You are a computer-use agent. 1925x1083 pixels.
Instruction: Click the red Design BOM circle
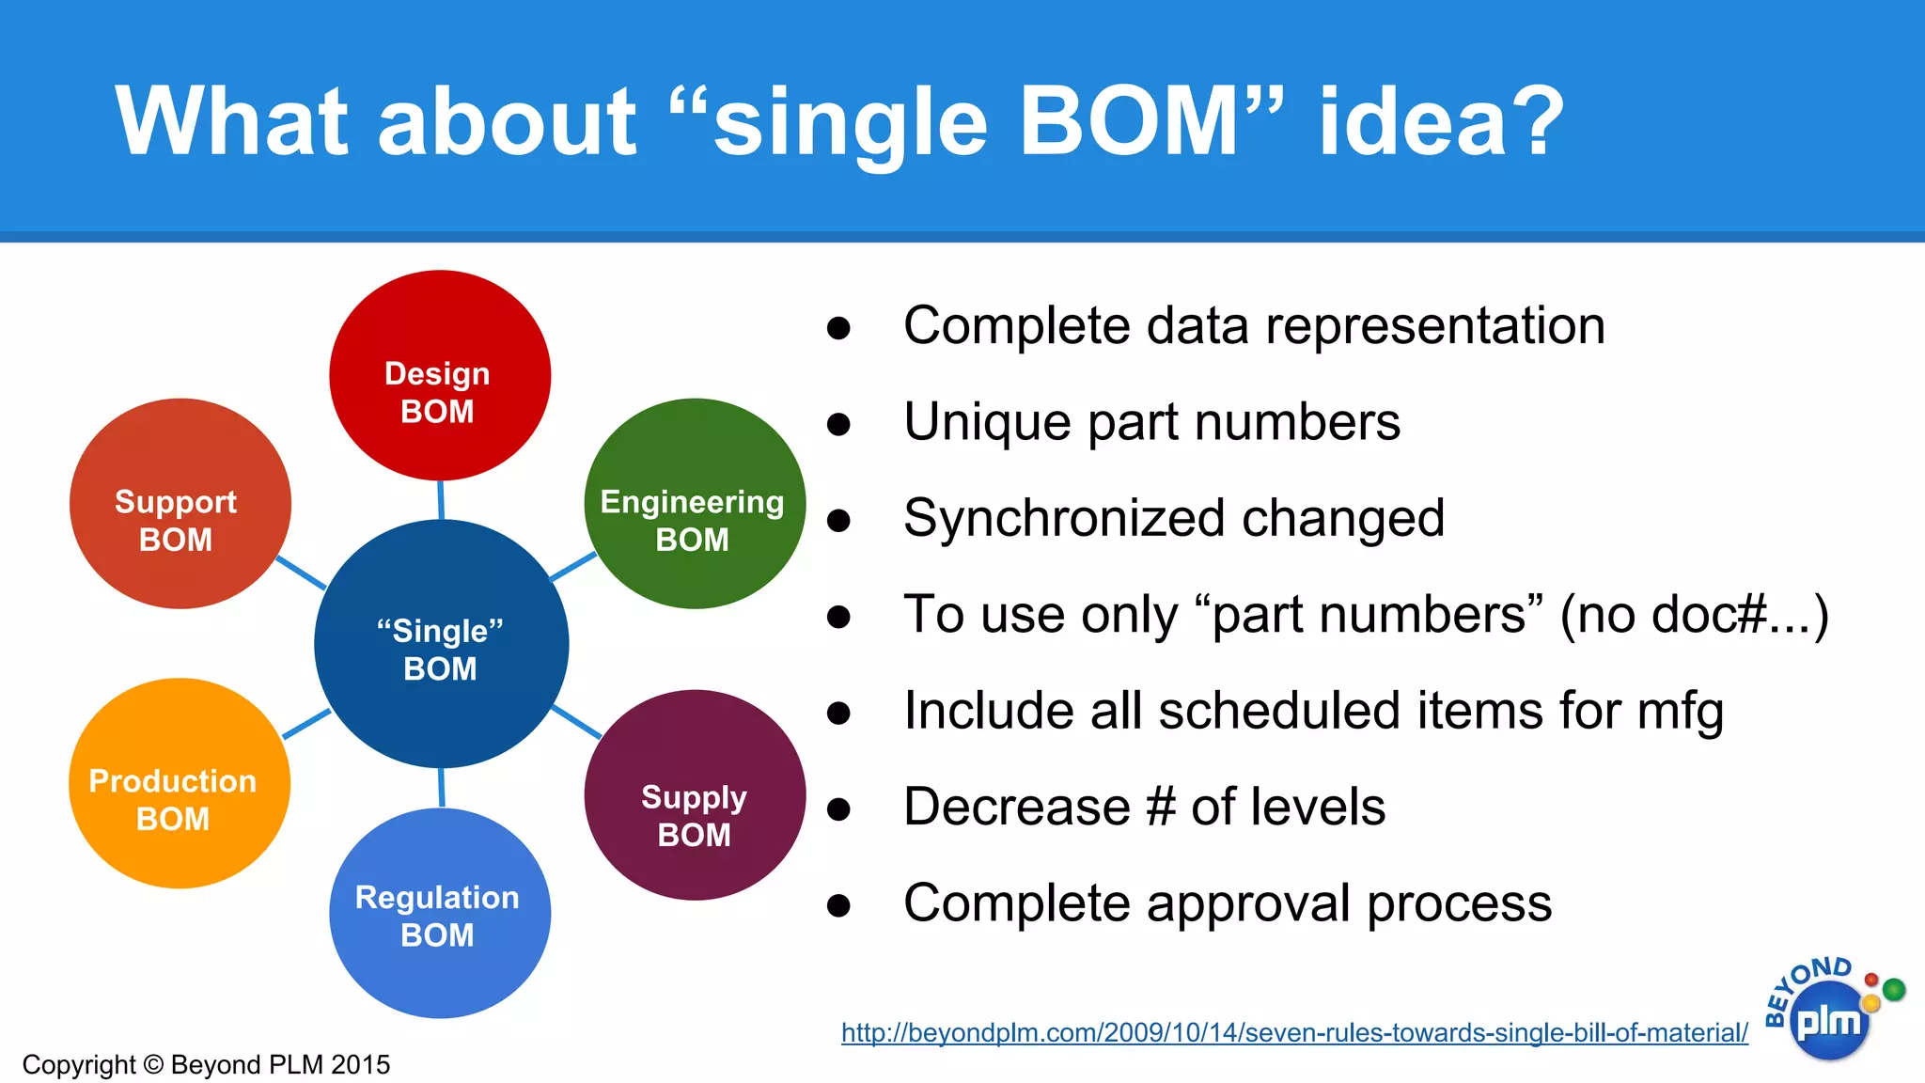439,376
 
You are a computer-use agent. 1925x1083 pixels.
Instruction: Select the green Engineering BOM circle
695,504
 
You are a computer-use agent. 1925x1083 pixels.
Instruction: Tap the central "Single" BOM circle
441,645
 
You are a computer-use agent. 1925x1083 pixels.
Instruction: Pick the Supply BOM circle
695,795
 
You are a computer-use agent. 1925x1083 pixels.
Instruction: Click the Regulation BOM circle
439,914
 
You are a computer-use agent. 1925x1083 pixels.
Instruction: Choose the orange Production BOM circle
179,783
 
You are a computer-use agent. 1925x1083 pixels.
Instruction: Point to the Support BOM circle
180,504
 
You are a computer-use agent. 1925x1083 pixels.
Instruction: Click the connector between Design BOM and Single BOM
440,500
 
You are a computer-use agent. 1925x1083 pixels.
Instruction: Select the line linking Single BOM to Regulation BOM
441,788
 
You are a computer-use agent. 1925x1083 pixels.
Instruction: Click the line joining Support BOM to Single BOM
301,573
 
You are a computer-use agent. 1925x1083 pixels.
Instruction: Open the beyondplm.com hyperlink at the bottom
1294,1032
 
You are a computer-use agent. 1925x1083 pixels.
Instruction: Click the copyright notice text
206,1064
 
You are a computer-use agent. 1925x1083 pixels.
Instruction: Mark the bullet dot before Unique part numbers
838,425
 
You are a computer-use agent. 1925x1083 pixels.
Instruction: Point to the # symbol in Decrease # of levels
1161,807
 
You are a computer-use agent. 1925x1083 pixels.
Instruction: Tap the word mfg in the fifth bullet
1680,712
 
